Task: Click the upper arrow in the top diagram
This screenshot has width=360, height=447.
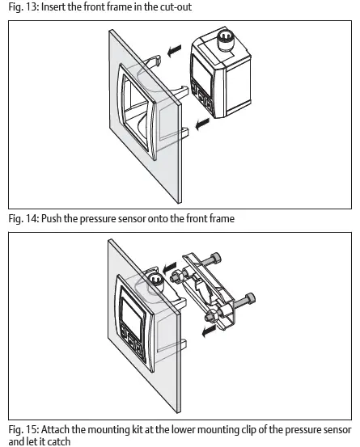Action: [174, 51]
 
